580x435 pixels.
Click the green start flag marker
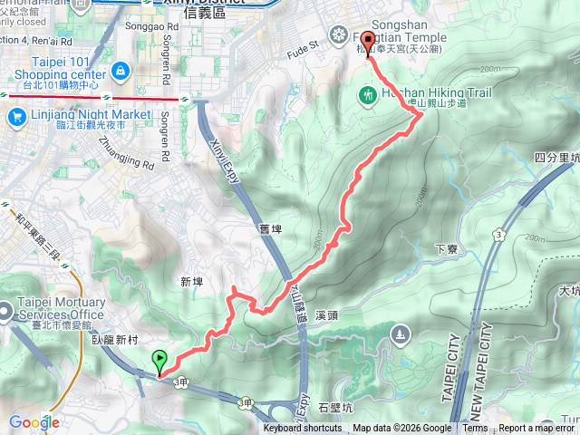coord(160,362)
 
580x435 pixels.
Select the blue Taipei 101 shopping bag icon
coord(121,69)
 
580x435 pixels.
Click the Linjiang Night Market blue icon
coord(15,116)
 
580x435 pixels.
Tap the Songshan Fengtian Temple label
coord(400,37)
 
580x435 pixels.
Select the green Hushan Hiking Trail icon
coord(368,93)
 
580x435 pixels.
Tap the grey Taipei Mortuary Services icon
coord(9,308)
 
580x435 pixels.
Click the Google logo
coord(34,422)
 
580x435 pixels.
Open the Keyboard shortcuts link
coord(303,429)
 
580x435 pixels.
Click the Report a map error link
coord(538,429)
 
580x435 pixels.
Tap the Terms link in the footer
coord(475,429)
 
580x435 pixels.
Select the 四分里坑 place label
coord(556,158)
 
